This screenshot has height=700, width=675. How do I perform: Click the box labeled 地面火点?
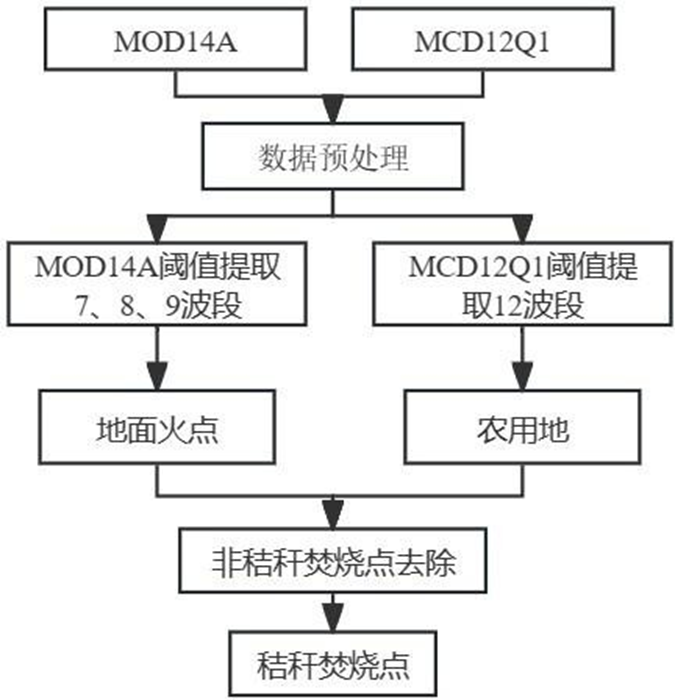(x=158, y=431)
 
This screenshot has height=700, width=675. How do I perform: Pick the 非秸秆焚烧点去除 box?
(x=335, y=562)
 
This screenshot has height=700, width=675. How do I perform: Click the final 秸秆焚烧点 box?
(x=335, y=661)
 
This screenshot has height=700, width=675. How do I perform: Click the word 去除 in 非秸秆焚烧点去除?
(x=431, y=562)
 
